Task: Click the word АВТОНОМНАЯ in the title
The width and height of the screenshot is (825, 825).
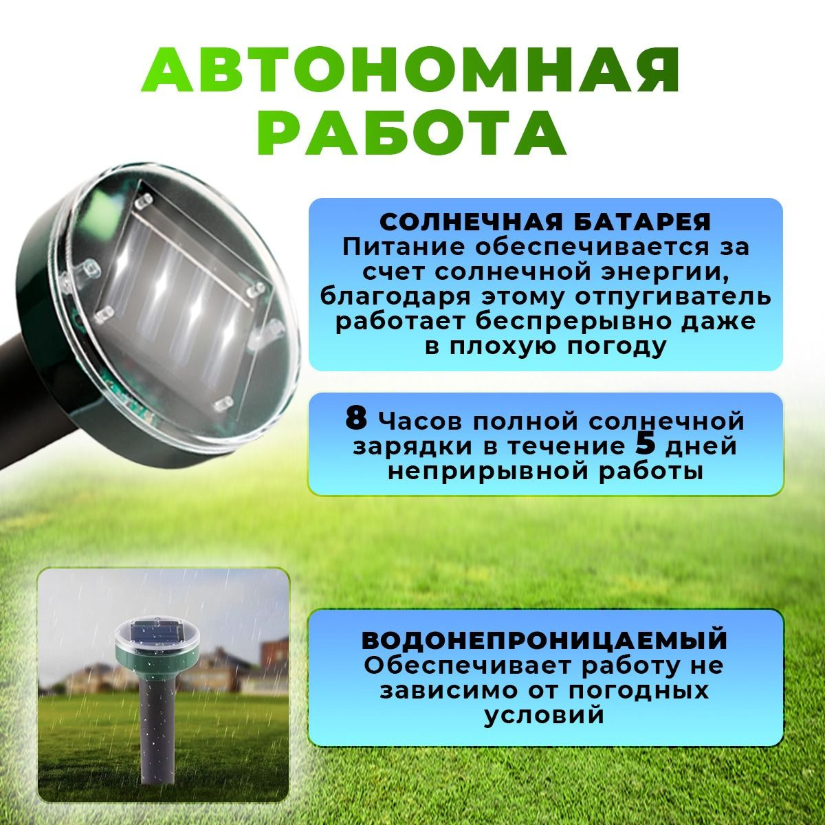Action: click(x=410, y=70)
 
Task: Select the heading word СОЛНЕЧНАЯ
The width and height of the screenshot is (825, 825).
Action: click(x=470, y=223)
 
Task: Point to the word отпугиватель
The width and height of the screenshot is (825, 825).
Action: click(x=672, y=298)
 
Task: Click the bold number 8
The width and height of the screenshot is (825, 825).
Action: click(x=356, y=418)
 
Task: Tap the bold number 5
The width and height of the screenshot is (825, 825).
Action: click(x=645, y=445)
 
